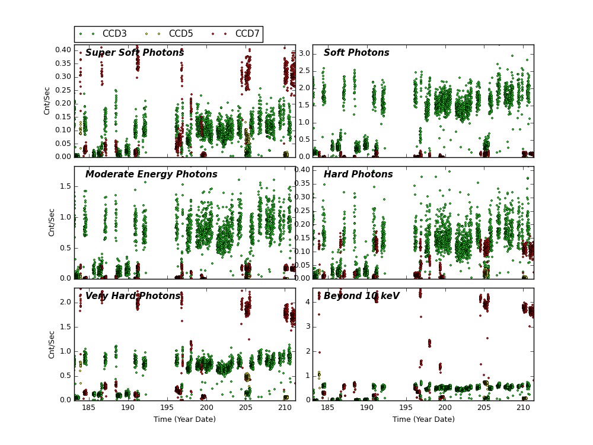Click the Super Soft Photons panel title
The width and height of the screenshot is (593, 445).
135,53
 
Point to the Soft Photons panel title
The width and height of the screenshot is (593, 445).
356,53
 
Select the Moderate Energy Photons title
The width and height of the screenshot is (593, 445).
151,174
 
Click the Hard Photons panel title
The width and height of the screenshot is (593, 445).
358,174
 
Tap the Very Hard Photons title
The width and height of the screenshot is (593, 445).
133,296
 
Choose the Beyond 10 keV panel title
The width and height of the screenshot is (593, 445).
362,296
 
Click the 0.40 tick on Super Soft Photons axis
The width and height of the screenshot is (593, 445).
63,50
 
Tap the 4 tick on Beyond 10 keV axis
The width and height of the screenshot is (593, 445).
307,302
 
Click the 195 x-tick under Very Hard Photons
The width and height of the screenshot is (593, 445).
167,408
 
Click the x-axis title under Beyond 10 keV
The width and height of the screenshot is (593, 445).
423,419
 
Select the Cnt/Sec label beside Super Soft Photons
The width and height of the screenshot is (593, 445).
47,101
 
